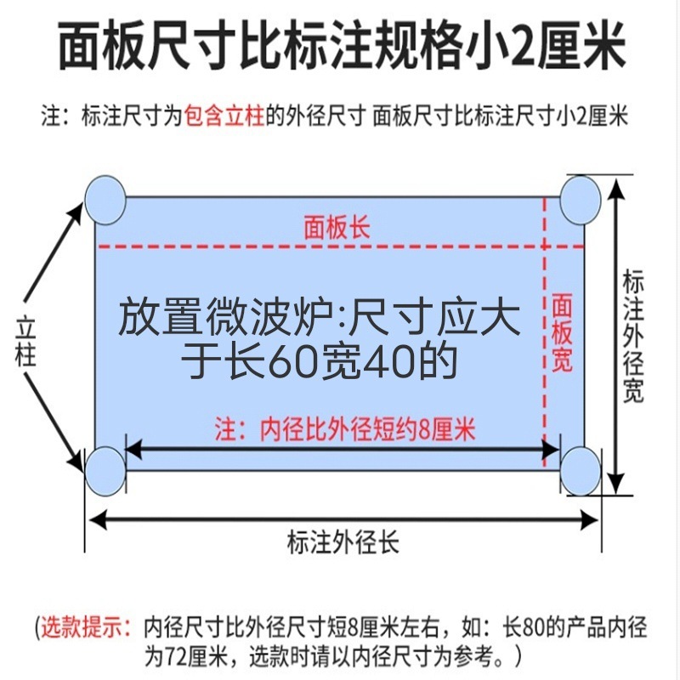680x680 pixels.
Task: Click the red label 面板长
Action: coord(337,228)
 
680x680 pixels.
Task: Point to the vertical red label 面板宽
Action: coord(562,332)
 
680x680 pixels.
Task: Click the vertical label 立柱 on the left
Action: coord(26,341)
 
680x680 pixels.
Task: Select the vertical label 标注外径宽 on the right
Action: coord(633,337)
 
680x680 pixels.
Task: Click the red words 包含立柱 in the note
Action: coord(224,116)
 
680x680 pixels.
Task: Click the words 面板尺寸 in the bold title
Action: coord(138,47)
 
